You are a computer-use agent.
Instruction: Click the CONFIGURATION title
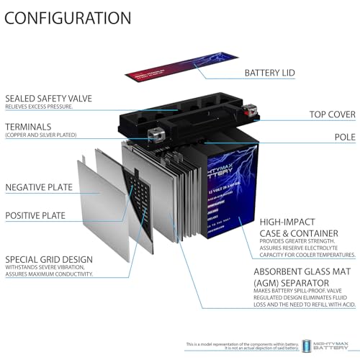[68, 17]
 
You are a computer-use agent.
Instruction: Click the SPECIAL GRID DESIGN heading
[50, 258]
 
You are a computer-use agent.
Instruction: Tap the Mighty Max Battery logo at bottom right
[332, 346]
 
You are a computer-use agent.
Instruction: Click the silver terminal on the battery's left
[153, 133]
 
